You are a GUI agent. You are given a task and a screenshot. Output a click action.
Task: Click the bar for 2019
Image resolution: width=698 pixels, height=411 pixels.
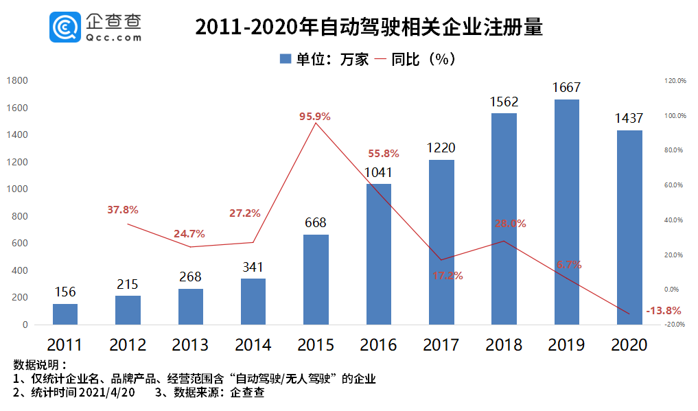[566, 212]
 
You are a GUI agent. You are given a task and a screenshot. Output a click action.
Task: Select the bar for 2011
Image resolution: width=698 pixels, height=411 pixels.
[65, 314]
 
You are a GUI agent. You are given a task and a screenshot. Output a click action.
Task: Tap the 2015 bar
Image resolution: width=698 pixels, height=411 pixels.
[316, 279]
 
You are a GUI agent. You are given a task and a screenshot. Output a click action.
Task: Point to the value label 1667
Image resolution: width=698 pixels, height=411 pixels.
[566, 88]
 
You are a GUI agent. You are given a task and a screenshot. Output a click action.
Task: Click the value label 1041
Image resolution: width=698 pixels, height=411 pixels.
[378, 172]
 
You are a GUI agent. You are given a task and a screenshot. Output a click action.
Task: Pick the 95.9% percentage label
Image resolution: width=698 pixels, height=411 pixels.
[315, 117]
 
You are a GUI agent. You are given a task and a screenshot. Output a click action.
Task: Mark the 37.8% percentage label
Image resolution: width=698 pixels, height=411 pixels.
[123, 209]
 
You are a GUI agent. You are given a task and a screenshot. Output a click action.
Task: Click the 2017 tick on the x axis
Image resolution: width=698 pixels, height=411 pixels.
[441, 344]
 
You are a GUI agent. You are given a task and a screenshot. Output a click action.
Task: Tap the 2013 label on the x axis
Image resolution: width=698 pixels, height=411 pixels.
[190, 344]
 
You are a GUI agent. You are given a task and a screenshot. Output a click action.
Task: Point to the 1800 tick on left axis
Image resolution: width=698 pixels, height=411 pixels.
[16, 81]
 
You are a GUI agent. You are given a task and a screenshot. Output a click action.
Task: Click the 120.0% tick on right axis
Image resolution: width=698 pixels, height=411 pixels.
[675, 81]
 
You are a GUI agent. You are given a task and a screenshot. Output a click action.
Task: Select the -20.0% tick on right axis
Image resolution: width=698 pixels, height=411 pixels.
[675, 325]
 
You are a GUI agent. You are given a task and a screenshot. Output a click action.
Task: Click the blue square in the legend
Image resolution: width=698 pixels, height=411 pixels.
[286, 59]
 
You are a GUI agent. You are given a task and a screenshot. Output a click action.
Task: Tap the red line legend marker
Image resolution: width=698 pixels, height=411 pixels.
[380, 59]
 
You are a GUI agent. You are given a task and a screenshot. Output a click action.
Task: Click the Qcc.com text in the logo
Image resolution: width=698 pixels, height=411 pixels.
[114, 38]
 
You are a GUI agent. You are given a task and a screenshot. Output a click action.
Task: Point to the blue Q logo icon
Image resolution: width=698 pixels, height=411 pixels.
[66, 27]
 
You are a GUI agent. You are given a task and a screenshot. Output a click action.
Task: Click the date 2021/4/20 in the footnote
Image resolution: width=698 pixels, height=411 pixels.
[114, 393]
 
